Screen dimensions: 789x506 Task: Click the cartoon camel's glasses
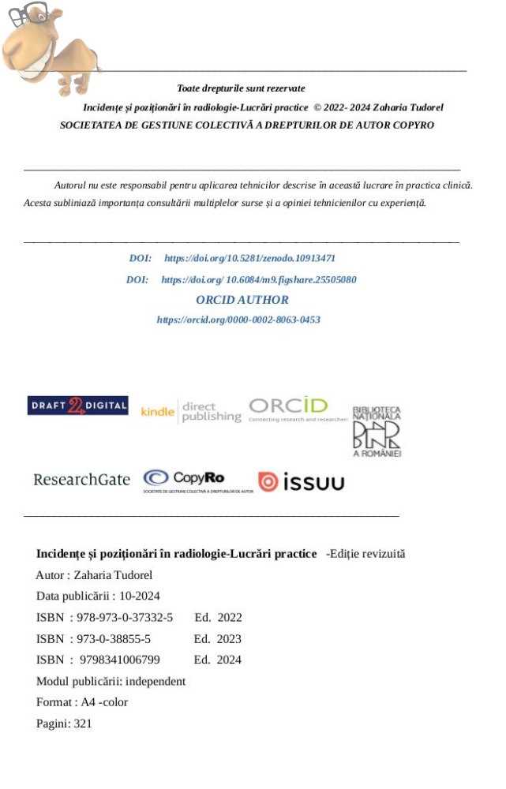coord(27,13)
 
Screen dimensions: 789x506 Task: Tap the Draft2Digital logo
coord(77,406)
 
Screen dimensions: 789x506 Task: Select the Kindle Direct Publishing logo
coord(191,411)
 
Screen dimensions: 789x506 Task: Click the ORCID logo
coord(298,409)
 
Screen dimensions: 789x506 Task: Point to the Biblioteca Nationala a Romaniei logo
coord(377,432)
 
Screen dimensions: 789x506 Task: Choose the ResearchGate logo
coord(81,480)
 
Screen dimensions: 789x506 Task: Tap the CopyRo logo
coord(197,480)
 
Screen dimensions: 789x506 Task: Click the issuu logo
coord(301,482)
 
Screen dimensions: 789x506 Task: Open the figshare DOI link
coord(259,279)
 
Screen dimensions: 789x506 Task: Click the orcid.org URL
coord(238,320)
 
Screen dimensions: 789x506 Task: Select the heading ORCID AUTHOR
coord(242,300)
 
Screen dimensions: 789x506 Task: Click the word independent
coord(153,681)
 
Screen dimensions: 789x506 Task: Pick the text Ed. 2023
coord(218,638)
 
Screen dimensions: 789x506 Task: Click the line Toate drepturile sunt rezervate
coord(242,88)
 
